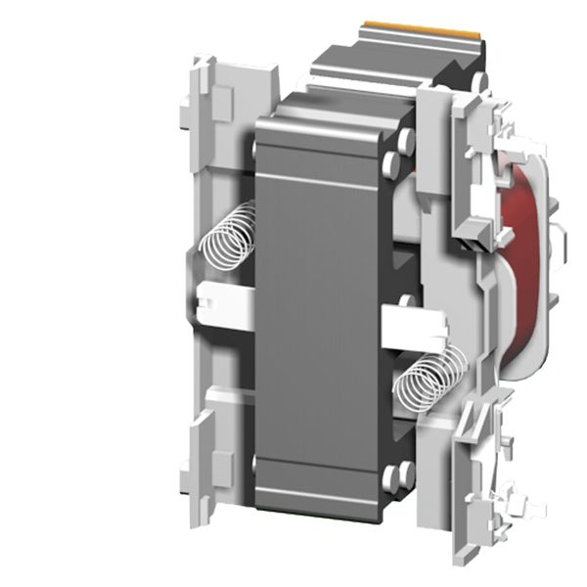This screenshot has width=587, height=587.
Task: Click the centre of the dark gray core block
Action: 318,313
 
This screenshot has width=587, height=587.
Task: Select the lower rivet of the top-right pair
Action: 392,162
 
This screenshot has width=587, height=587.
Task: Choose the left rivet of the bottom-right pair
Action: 390,479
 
